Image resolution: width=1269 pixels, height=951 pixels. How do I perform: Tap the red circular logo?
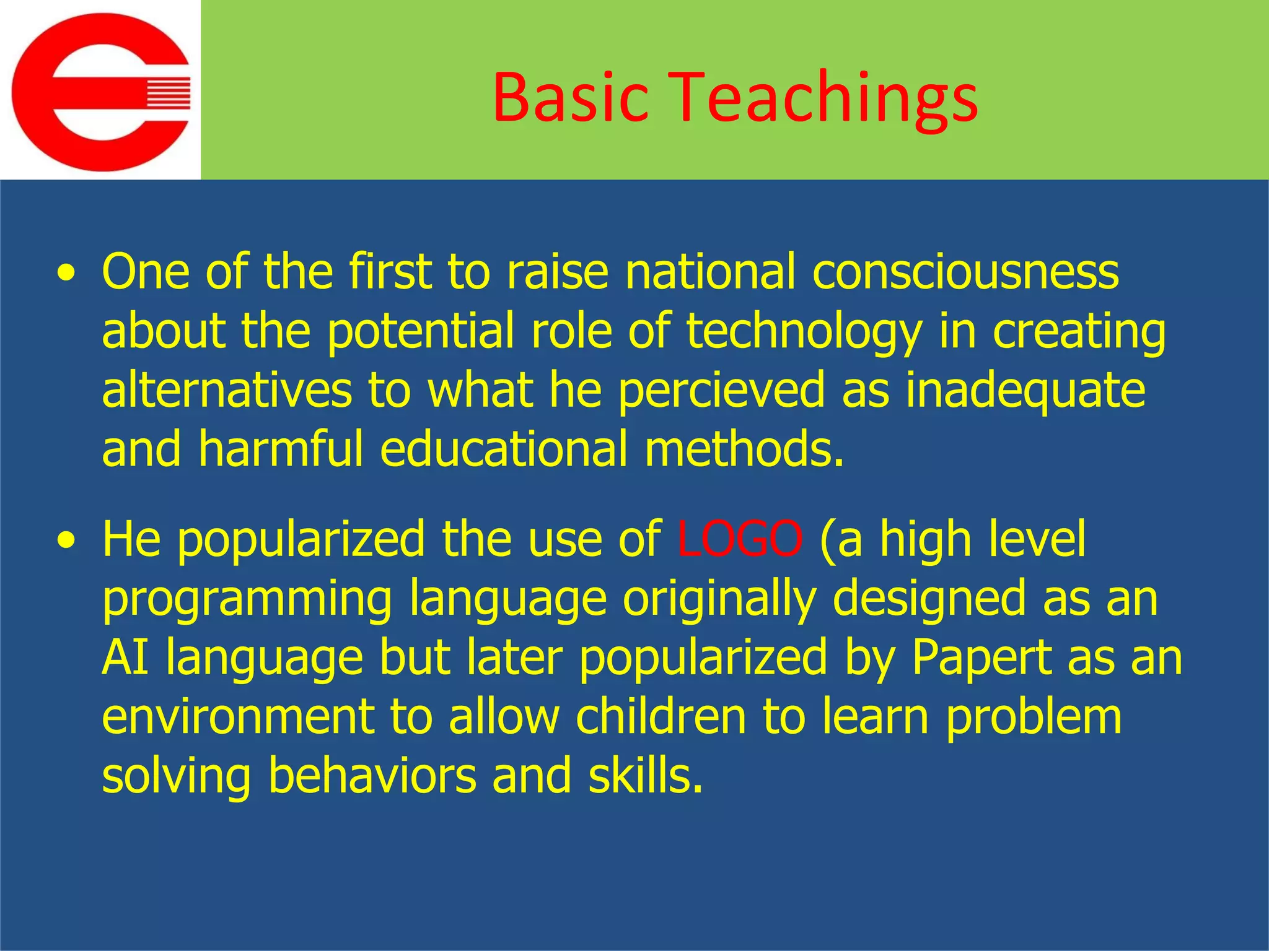pos(99,92)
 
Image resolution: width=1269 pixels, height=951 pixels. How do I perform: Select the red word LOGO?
pos(740,539)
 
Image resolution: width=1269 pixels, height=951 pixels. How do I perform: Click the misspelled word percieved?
pos(721,391)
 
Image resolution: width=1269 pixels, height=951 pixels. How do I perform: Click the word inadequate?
pos(1025,391)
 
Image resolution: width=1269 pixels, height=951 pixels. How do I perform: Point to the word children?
pos(660,716)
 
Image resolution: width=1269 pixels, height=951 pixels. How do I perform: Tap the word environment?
pos(238,716)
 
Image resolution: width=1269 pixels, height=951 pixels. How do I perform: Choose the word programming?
pos(247,599)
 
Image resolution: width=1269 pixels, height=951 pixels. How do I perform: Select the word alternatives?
pos(227,391)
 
